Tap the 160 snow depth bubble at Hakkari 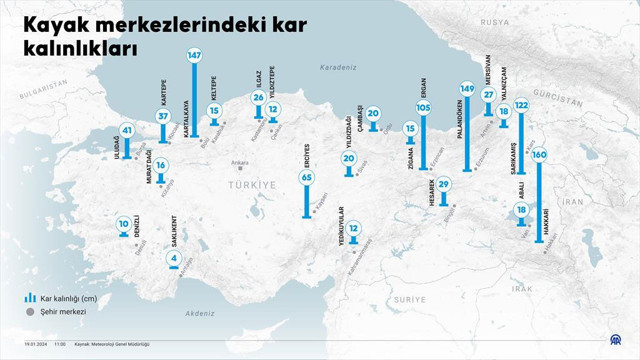(539, 155)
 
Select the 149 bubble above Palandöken (466, 89)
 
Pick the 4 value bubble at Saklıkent (174, 259)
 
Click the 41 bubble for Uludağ (126, 129)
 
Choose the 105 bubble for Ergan (423, 107)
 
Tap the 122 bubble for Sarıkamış (521, 105)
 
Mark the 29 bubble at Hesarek (443, 183)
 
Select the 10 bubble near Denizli (123, 224)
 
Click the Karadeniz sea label (338, 68)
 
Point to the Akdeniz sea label (199, 313)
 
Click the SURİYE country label (409, 299)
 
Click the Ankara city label (239, 163)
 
